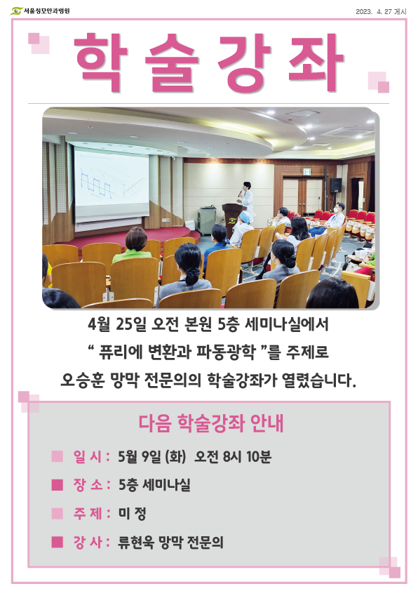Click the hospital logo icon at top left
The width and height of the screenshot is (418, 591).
(x=16, y=11)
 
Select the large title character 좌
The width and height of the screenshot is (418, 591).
(x=316, y=62)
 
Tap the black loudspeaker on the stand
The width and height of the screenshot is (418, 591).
(x=335, y=185)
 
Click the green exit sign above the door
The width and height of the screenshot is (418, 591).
(x=306, y=172)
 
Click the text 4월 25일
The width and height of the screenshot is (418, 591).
(x=116, y=324)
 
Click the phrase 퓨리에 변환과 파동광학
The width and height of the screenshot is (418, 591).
(x=177, y=352)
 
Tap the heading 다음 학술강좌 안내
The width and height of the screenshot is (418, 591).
(x=210, y=423)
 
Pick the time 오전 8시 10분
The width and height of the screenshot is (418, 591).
(x=233, y=456)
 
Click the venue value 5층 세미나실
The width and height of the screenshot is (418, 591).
(x=154, y=485)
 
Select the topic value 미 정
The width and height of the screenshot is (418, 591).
(x=132, y=513)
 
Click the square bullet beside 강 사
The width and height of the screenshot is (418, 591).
(x=58, y=542)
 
